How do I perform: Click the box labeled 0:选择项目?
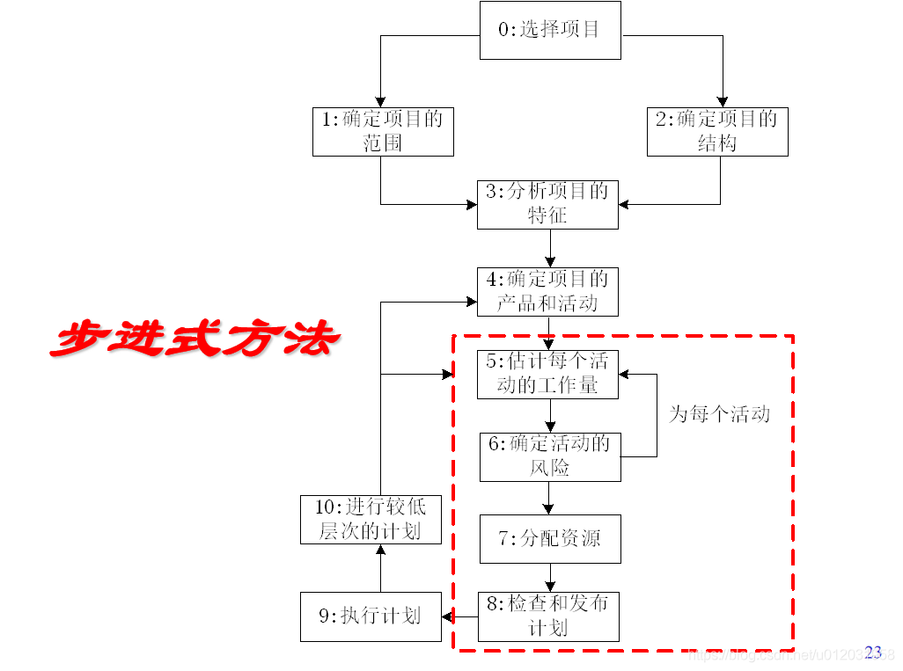tap(550, 30)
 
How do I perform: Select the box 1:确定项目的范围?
tap(383, 132)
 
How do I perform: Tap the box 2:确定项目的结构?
tap(717, 132)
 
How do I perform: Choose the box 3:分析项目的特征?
tap(547, 204)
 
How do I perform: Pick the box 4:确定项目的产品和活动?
tap(547, 292)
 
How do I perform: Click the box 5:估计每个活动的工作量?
tap(547, 374)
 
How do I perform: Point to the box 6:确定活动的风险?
tap(550, 456)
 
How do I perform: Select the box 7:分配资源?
tap(550, 539)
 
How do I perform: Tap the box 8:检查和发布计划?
tap(548, 616)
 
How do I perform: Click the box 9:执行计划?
tap(371, 616)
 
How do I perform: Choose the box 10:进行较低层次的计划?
tap(371, 519)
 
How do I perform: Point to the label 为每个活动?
tap(719, 414)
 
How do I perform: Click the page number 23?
tap(873, 652)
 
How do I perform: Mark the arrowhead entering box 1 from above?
tap(381, 102)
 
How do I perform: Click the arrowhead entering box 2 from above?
tap(723, 102)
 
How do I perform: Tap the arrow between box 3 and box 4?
tap(550, 248)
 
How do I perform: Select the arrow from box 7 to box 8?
tap(550, 578)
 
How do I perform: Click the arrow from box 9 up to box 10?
tap(380, 568)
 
